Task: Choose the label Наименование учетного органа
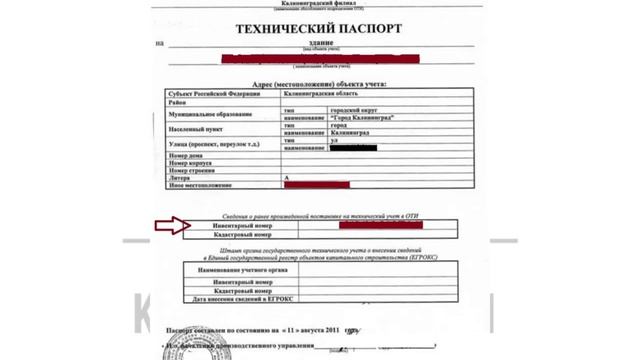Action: pyautogui.click(x=236, y=270)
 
